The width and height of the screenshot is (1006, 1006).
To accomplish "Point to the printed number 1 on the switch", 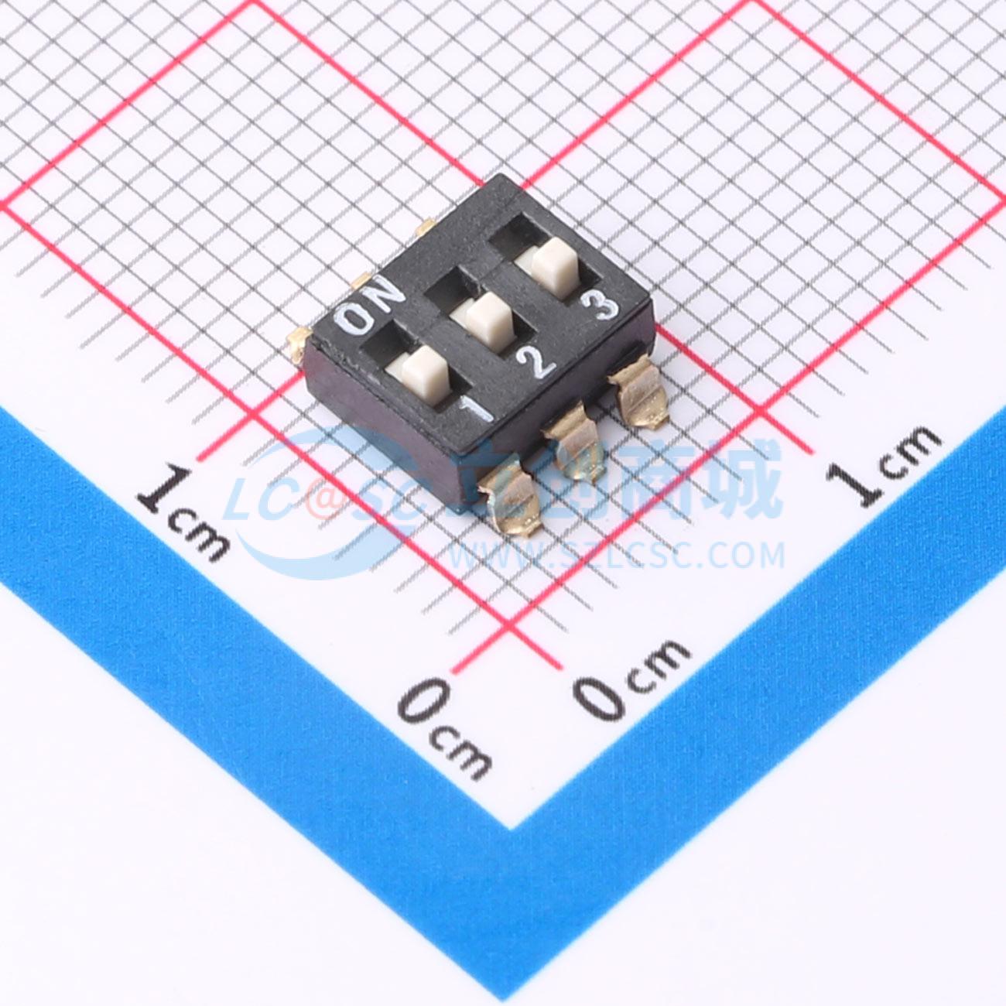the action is [x=476, y=410].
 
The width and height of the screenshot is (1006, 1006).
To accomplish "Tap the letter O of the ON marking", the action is [x=355, y=319].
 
